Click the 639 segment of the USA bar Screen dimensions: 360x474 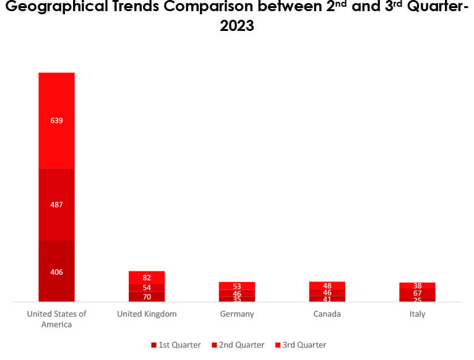56,121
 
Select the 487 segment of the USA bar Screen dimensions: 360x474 56,205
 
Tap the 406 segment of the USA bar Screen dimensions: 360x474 56,272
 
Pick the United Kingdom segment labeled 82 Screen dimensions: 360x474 147,278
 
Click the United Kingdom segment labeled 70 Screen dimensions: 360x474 147,297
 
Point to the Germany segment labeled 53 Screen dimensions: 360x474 237,286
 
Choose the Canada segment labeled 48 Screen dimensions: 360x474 327,285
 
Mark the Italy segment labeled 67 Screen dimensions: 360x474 418,293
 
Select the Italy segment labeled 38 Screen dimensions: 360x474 418,285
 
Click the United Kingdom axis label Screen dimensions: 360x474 147,314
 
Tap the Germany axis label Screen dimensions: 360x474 237,314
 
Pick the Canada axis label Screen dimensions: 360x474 327,314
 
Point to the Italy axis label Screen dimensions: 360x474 418,314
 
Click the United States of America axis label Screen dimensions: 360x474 56,319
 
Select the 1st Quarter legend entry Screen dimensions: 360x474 176,345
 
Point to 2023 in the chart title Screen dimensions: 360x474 237,27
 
